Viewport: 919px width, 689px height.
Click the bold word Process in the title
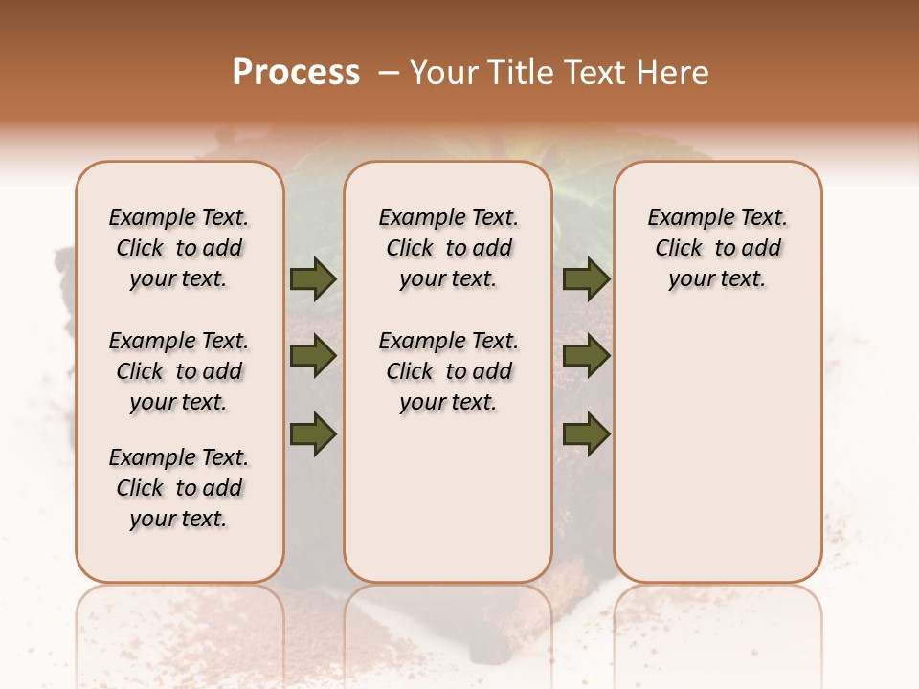click(x=296, y=73)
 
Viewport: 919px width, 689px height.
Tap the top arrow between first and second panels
click(x=313, y=279)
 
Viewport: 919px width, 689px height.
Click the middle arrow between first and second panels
click(x=313, y=357)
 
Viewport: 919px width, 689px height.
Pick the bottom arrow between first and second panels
click(x=313, y=433)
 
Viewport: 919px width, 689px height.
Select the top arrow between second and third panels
click(x=586, y=279)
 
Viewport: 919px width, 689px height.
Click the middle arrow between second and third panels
click(x=586, y=357)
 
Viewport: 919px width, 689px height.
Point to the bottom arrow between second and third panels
click(x=586, y=433)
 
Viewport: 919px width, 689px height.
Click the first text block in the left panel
click(x=179, y=248)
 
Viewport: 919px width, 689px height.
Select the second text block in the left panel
click(x=179, y=371)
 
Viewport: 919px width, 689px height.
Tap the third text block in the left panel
click(x=179, y=488)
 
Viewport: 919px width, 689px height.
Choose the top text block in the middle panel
click(x=448, y=248)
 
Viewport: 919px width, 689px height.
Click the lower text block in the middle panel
click(x=448, y=371)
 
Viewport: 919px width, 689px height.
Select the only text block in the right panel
click(x=717, y=248)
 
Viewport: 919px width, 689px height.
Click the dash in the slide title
click(x=388, y=73)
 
